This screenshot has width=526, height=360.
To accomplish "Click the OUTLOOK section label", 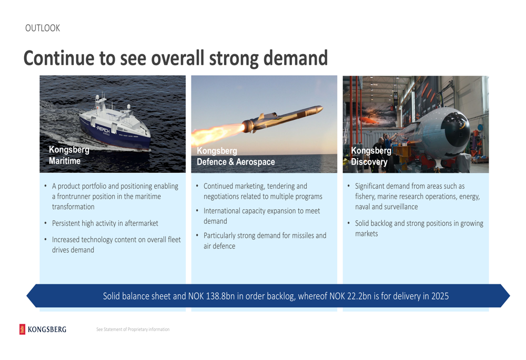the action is tap(43, 28).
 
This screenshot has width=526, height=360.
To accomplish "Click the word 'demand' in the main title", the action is tap(296, 58).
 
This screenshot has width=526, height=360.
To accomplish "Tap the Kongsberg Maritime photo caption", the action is tap(69, 155).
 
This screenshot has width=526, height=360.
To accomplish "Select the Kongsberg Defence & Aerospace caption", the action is tap(236, 156).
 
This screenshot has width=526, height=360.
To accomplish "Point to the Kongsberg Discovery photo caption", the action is tap(371, 156).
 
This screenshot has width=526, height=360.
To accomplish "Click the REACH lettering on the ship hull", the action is tap(103, 128).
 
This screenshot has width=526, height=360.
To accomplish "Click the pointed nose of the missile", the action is tap(322, 108).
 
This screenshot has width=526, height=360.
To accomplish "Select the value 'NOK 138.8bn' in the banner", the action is tap(211, 296).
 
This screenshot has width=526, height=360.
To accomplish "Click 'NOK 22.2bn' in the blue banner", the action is tap(350, 296).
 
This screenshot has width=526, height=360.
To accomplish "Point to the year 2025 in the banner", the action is tap(440, 296).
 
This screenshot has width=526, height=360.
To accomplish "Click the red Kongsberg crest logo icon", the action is tap(22, 329).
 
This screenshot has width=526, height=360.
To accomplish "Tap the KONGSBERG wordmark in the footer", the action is tap(47, 330).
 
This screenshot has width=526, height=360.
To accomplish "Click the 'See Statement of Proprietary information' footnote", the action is tap(133, 330).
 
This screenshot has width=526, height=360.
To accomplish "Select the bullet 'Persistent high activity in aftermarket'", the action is tap(105, 223).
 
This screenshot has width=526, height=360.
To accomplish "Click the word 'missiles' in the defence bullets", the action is tap(302, 235).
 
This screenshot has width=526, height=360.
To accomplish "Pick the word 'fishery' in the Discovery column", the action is tap(365, 197).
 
